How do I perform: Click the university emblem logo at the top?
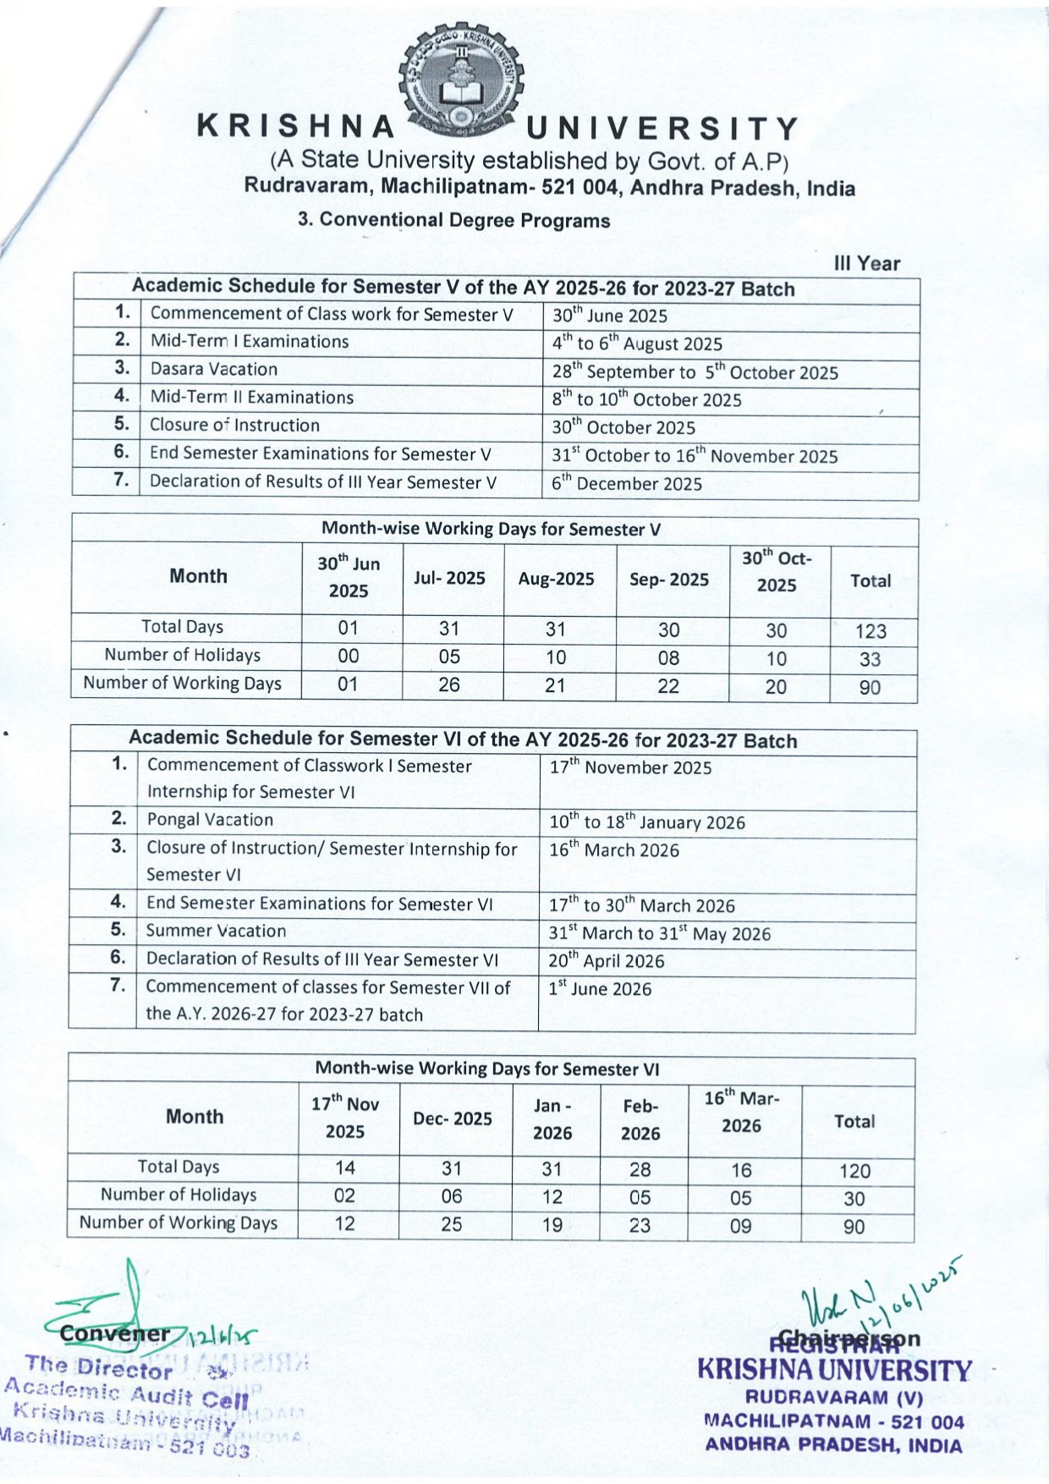tap(462, 80)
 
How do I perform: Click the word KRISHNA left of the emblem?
tap(297, 127)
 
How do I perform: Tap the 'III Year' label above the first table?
tap(866, 264)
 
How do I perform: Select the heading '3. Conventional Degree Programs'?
tap(453, 221)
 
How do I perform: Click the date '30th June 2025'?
tap(610, 316)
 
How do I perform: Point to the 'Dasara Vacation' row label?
tap(214, 369)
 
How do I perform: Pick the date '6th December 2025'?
tap(627, 483)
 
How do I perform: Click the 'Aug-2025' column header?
tap(556, 579)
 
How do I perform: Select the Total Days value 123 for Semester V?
tap(870, 631)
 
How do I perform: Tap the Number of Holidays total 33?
tap(870, 659)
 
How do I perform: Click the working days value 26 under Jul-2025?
tap(448, 684)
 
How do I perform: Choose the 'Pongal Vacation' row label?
tap(210, 819)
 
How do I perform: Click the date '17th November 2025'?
tap(630, 767)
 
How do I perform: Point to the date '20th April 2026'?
tap(607, 960)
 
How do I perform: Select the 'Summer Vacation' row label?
tap(216, 931)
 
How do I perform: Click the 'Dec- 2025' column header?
tap(452, 1118)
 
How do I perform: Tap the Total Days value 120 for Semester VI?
tap(854, 1171)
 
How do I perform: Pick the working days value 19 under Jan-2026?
tap(552, 1225)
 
